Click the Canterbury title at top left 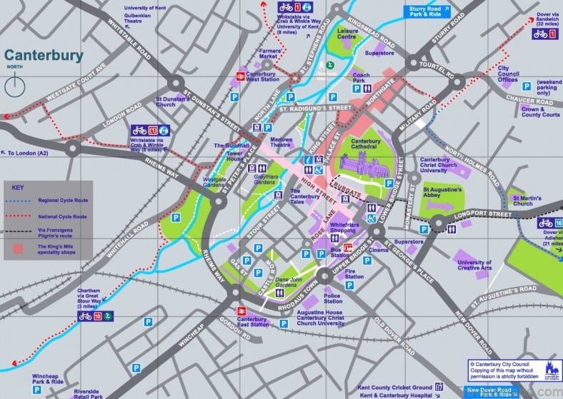[44, 56]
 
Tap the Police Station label [332, 298]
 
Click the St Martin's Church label [523, 200]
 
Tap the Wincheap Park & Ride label [49, 379]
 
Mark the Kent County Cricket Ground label [396, 386]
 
